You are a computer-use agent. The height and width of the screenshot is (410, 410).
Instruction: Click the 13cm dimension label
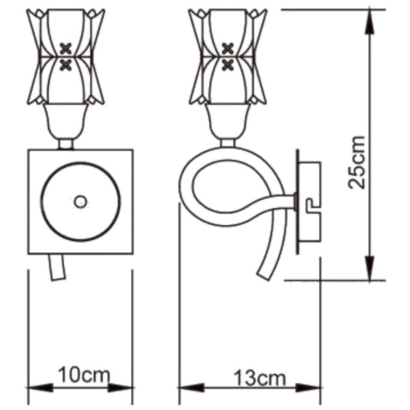coord(260,378)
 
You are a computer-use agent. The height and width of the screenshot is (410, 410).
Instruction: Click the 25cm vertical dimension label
coord(356,163)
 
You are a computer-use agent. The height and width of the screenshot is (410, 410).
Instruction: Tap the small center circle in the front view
coord(81,202)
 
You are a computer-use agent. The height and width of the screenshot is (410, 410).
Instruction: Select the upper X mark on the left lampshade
coord(66,49)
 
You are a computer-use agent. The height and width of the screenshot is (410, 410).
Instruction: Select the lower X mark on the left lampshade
coord(66,66)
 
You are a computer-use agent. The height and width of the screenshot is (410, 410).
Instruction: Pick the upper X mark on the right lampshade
coord(228,49)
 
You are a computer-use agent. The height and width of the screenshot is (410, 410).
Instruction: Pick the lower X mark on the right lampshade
coord(228,66)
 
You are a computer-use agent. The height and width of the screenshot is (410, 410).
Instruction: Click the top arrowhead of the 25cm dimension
coord(370,21)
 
